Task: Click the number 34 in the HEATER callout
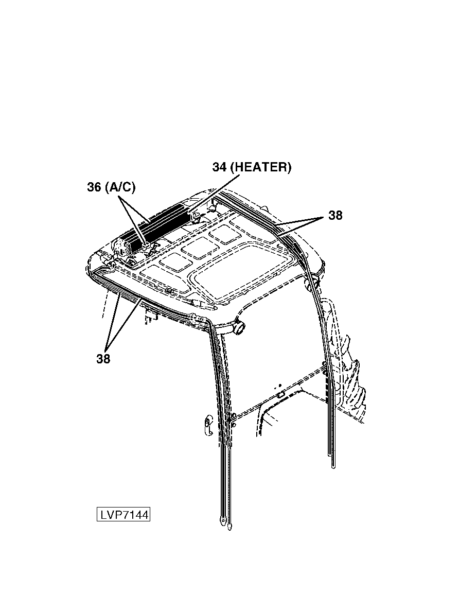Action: pyautogui.click(x=219, y=167)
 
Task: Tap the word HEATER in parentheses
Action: pyautogui.click(x=260, y=167)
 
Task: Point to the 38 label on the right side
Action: pyautogui.click(x=336, y=216)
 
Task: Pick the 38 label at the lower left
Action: pyautogui.click(x=103, y=359)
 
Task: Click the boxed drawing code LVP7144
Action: pyautogui.click(x=123, y=515)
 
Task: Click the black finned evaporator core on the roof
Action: pyautogui.click(x=160, y=224)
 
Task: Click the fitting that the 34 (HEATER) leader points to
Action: pyautogui.click(x=195, y=216)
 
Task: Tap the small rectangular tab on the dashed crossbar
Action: pyautogui.click(x=281, y=395)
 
